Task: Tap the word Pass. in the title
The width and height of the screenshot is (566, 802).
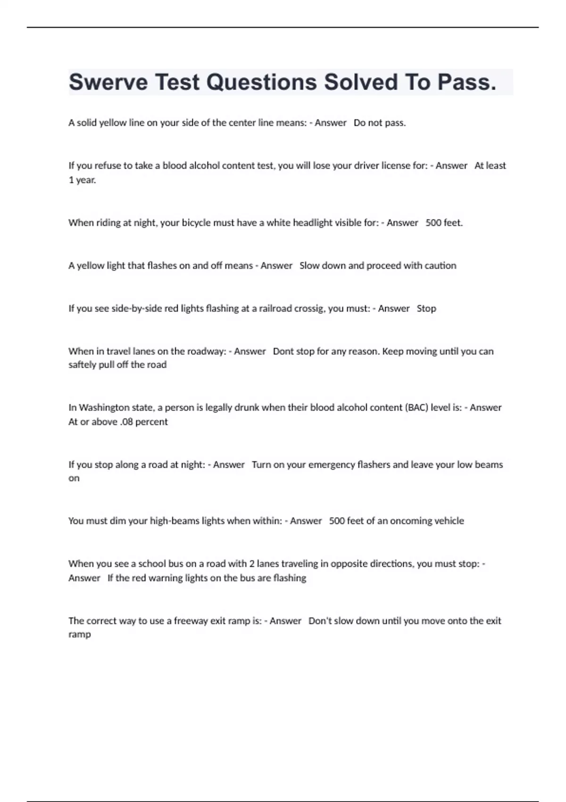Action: coord(466,82)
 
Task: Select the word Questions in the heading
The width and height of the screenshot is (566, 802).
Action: coord(262,82)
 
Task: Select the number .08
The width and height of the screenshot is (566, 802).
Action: coord(127,422)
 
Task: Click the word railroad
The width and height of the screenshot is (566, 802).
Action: coord(275,309)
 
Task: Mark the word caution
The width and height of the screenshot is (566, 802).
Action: coord(440,266)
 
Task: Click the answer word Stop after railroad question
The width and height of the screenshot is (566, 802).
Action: coord(426,309)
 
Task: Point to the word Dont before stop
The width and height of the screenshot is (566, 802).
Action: coord(283,351)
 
